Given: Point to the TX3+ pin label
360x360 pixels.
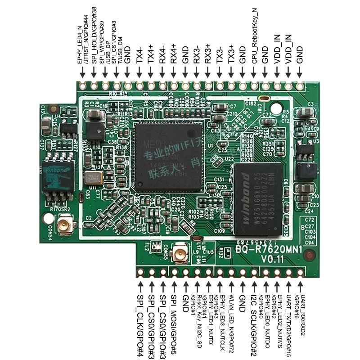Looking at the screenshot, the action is coord(231,54).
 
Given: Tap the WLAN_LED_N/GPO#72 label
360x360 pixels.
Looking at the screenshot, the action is coord(231,317).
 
